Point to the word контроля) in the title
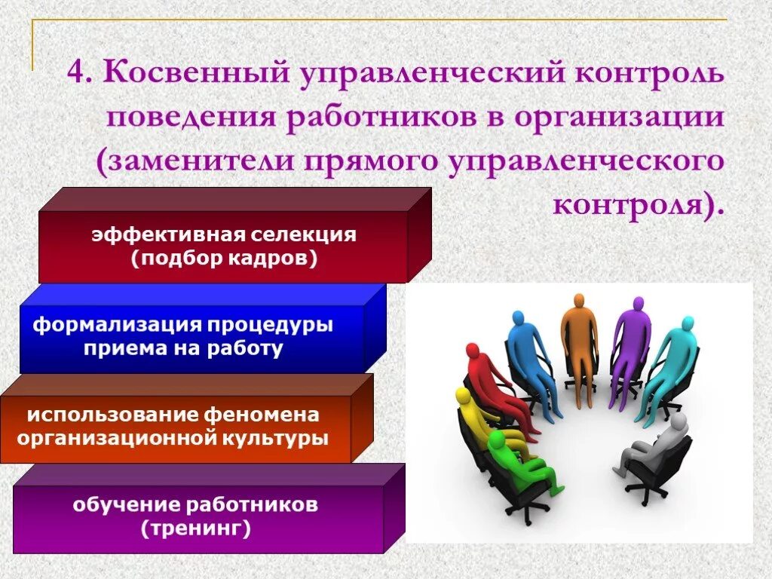tap(638, 202)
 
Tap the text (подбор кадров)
tap(223, 258)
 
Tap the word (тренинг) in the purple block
tap(195, 528)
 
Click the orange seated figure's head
tap(578, 300)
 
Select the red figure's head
tap(473, 351)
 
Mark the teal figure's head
tap(687, 324)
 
